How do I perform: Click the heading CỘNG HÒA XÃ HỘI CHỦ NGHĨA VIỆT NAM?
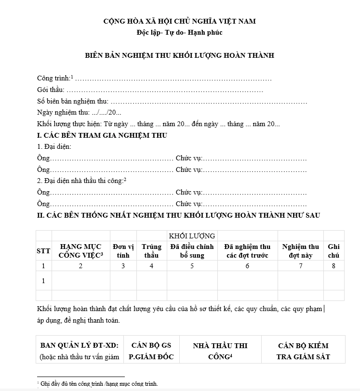pos(180,21)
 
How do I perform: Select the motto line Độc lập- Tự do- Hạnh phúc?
pos(180,33)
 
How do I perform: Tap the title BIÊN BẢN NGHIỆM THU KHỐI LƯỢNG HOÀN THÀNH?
pos(180,55)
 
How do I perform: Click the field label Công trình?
pos(53,78)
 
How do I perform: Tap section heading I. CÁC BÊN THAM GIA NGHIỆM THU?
pos(102,136)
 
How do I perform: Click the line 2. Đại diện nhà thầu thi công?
pos(81,181)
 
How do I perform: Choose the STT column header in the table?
pos(43,251)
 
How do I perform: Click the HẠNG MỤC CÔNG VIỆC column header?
pos(80,251)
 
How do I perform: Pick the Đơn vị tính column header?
pos(123,251)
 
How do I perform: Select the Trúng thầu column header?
pos(151,251)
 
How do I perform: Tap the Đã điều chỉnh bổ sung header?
pos(192,251)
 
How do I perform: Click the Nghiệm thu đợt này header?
pos(301,251)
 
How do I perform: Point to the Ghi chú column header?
pos(333,251)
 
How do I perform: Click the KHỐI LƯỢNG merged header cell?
pos(192,236)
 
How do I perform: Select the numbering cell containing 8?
pos(333,266)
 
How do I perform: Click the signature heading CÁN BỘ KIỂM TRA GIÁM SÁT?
pos(303,351)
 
